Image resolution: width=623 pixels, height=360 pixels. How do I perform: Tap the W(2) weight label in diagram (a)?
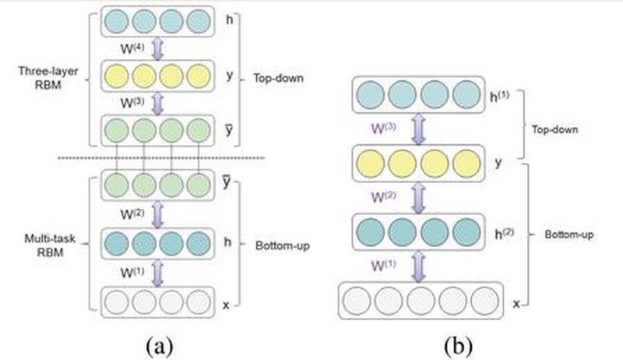pyautogui.click(x=130, y=210)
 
